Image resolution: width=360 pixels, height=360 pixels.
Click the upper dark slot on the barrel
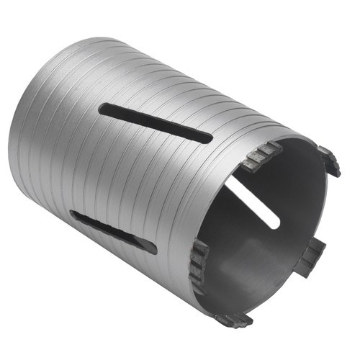point(155,122)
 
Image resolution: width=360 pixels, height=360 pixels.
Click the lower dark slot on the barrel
point(113,231)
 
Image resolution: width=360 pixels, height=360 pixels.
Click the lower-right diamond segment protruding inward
point(311,256)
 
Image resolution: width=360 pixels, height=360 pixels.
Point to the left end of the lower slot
point(74,215)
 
